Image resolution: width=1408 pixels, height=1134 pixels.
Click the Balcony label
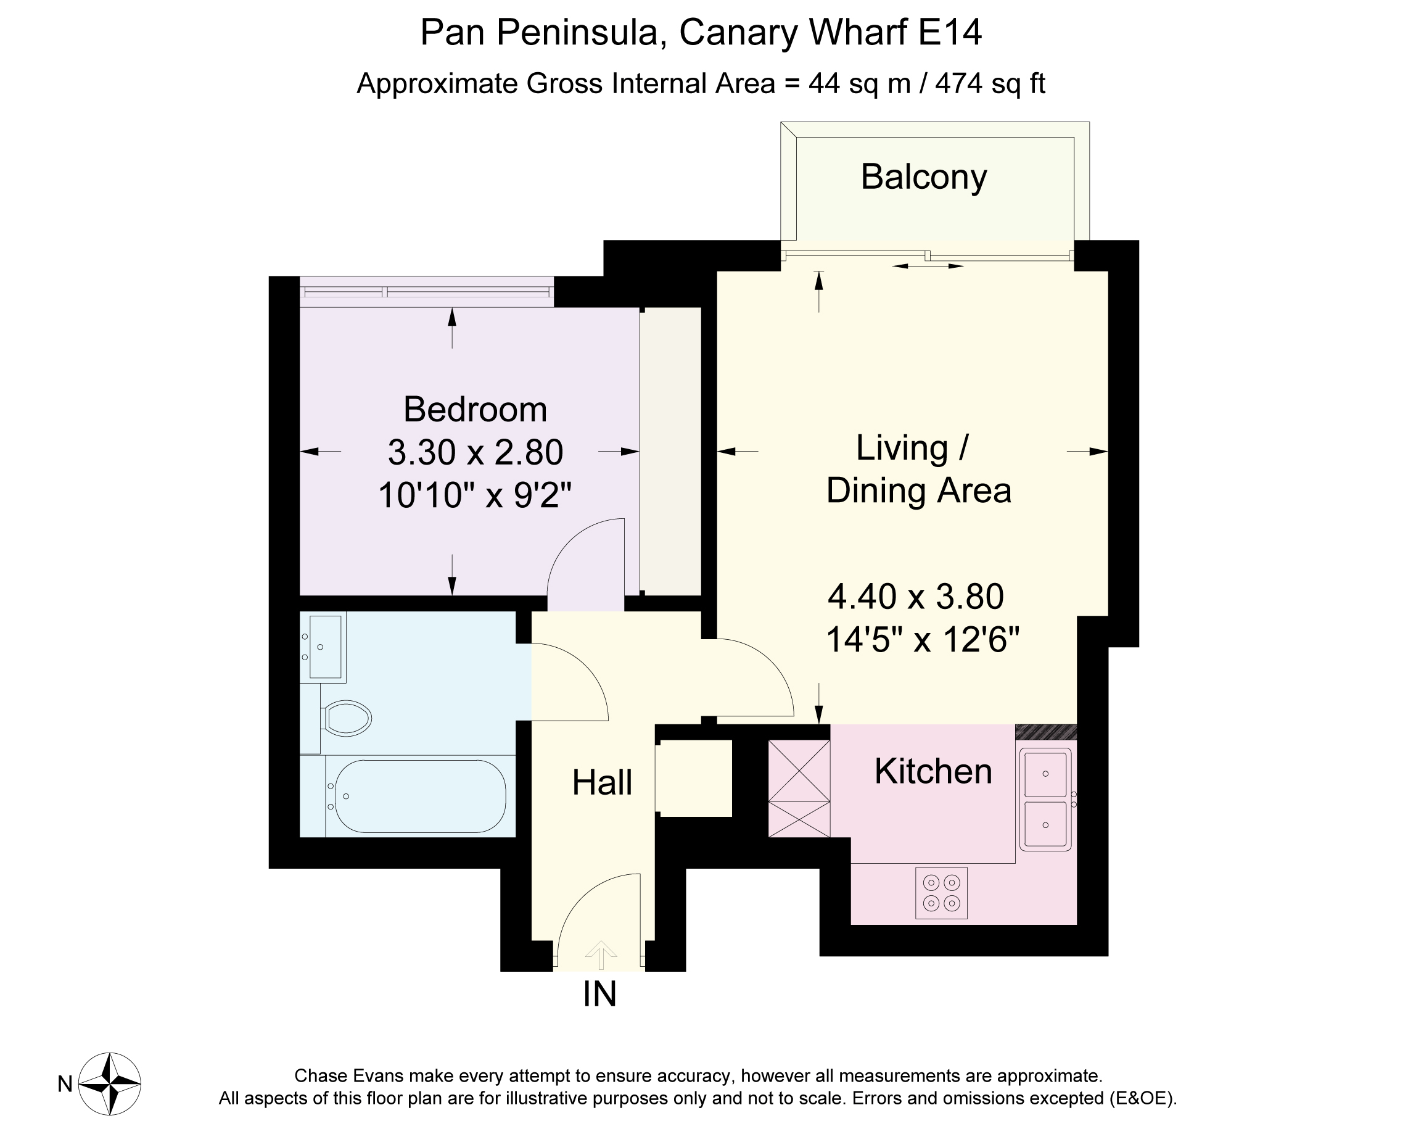coord(923,178)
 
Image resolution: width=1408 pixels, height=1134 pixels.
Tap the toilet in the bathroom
coord(346,718)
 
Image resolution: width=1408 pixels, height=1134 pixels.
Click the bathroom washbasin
coord(324,647)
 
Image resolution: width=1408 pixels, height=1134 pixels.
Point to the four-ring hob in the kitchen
coord(941,893)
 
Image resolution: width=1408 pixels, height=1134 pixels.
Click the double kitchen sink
coord(1046,800)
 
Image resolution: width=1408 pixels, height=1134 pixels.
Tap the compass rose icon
coord(110,1083)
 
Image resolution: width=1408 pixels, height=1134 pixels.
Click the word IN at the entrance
coord(599,993)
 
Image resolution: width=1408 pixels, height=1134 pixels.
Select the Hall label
coord(602,782)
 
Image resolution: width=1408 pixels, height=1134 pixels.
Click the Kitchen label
coord(933,771)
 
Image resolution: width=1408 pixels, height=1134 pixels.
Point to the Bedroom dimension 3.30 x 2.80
coord(476,452)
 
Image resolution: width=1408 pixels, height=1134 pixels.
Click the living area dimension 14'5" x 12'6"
coord(923,640)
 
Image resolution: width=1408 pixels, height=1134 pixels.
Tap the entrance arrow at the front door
coord(601,955)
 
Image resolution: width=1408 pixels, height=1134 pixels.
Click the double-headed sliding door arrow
coord(928,266)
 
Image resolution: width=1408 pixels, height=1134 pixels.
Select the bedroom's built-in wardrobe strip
coord(670,452)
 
